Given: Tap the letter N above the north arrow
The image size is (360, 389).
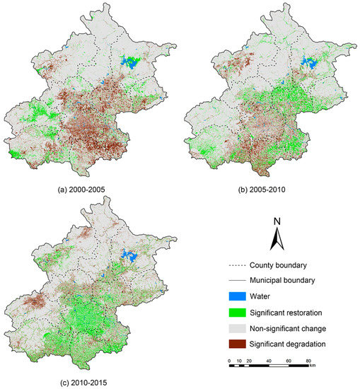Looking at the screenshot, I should (x=278, y=221).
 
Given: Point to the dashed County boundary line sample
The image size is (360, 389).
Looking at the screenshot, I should (x=238, y=266).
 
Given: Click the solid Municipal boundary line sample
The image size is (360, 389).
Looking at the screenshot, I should (x=238, y=280).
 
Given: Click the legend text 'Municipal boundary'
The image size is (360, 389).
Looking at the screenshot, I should (x=285, y=280).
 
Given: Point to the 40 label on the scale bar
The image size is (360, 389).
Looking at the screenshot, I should (x=269, y=361).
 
